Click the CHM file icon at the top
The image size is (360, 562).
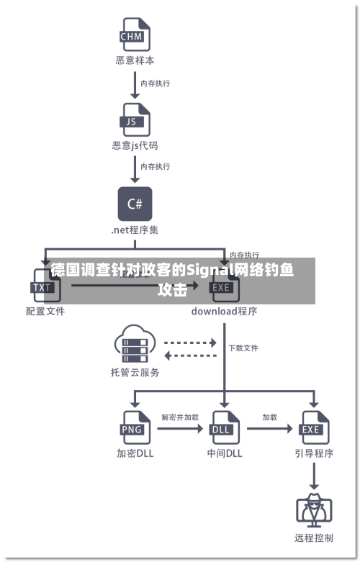134,34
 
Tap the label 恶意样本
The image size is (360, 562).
135,61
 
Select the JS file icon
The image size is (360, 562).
134,119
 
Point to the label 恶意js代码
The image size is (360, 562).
135,146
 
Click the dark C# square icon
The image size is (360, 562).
135,204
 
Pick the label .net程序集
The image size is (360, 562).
135,231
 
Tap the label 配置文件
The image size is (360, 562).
45,312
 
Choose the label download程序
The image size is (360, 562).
224,312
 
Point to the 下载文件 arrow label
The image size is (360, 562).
243,348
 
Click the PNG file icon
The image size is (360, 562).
134,427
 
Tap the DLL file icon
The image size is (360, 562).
225,427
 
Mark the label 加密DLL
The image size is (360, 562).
135,454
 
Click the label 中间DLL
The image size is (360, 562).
225,454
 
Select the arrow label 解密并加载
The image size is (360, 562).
180,417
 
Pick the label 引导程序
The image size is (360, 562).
314,454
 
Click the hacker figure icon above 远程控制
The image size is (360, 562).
314,509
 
